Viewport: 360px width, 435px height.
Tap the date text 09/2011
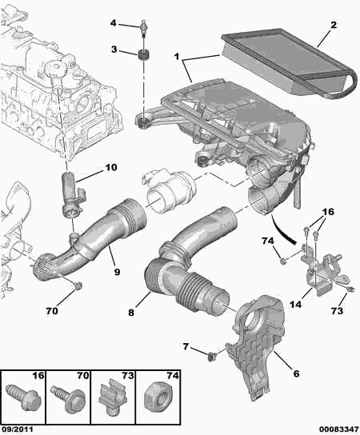pos(18,428)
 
